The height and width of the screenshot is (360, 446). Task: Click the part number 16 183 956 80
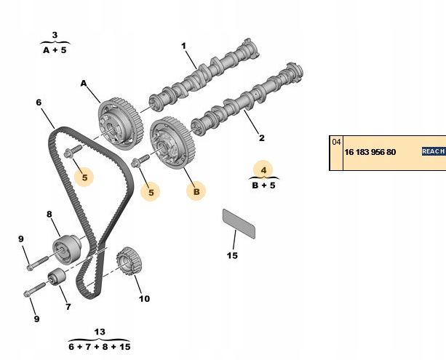pyautogui.click(x=371, y=152)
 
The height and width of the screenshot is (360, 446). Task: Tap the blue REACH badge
pyautogui.click(x=433, y=151)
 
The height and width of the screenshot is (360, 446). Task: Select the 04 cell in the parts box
pyautogui.click(x=335, y=143)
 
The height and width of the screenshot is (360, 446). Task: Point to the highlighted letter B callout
pyautogui.click(x=194, y=191)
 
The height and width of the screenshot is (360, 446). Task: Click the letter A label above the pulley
pyautogui.click(x=84, y=84)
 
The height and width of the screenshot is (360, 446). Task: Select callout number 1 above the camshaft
pyautogui.click(x=183, y=46)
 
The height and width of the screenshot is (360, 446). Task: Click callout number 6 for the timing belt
pyautogui.click(x=39, y=103)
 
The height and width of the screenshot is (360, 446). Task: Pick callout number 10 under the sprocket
pyautogui.click(x=144, y=298)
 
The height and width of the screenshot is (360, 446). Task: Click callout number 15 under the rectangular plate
pyautogui.click(x=232, y=255)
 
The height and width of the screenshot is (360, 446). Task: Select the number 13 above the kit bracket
pyautogui.click(x=100, y=332)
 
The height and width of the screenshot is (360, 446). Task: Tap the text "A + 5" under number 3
pyautogui.click(x=55, y=50)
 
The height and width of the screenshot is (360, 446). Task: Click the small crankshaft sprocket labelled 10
pyautogui.click(x=128, y=262)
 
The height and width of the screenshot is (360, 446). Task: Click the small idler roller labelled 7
pyautogui.click(x=56, y=279)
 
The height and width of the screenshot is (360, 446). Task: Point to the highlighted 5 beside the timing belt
pyautogui.click(x=84, y=176)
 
